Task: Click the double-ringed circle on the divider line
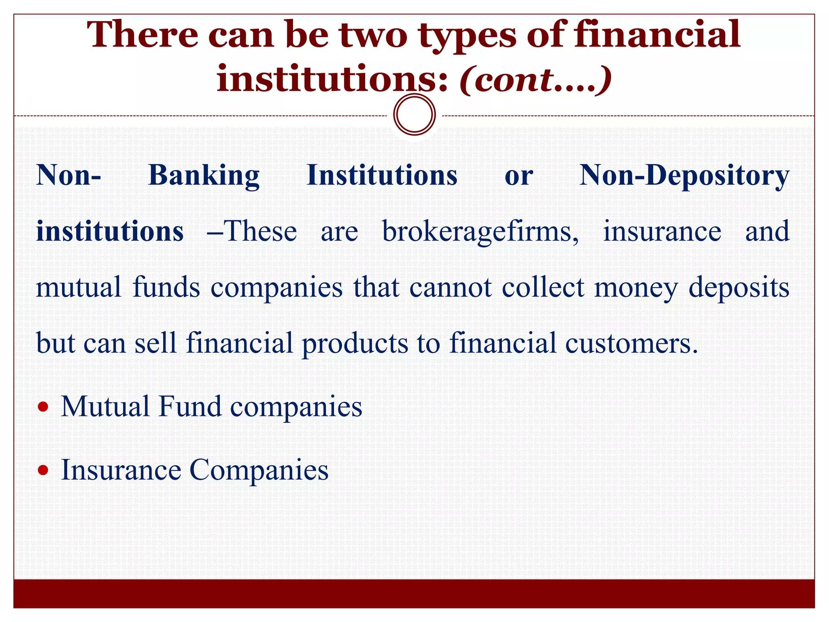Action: pos(414,115)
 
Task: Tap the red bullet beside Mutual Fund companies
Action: pos(43,406)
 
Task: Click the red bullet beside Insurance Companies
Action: pos(43,470)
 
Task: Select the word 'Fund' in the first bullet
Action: pos(190,406)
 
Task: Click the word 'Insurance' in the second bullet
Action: pos(121,470)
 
